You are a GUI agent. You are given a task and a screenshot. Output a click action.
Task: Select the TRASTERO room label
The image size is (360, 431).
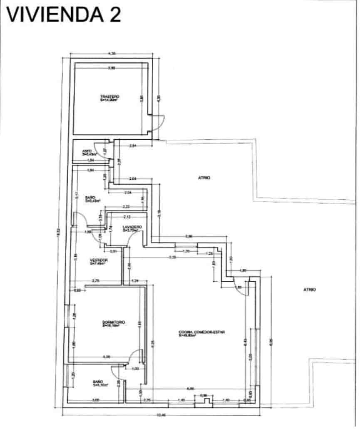click(110, 97)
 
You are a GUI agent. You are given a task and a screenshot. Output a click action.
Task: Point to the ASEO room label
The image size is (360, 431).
click(87, 151)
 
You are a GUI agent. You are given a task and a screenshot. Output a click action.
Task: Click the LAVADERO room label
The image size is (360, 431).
click(132, 227)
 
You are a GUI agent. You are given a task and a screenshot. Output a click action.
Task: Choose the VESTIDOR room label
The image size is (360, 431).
click(99, 260)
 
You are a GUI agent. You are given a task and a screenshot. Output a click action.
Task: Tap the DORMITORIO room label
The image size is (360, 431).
click(114, 322)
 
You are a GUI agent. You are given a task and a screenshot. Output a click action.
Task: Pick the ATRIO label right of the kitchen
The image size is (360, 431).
click(310, 290)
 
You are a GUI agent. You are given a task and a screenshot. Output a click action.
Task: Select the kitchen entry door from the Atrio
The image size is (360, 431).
click(240, 287)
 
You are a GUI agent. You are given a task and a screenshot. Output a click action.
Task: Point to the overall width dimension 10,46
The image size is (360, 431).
click(161, 416)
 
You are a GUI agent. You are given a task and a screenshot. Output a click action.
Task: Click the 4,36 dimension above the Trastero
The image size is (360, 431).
click(112, 53)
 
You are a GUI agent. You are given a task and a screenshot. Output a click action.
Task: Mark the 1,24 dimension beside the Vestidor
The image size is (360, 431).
click(135, 282)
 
